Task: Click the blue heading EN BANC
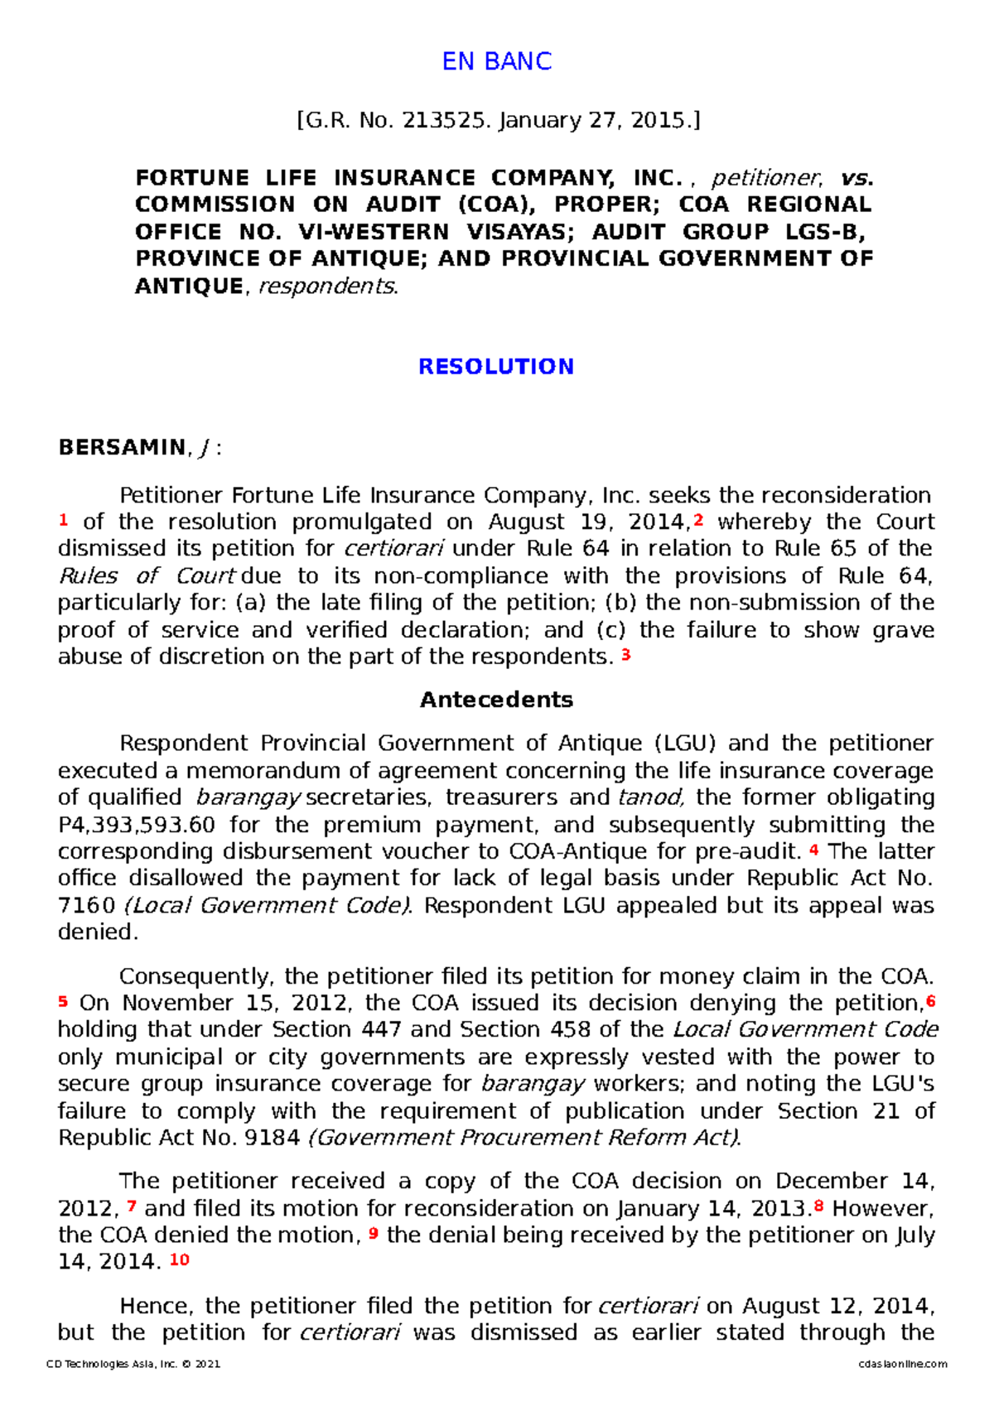[x=496, y=61]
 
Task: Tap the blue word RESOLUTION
[x=496, y=367]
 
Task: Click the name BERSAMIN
[x=122, y=448]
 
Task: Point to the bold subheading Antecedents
[x=496, y=700]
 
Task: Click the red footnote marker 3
[x=626, y=655]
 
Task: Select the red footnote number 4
[x=813, y=850]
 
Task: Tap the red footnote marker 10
[x=180, y=1259]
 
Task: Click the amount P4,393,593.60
[x=137, y=825]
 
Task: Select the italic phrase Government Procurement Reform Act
[x=524, y=1138]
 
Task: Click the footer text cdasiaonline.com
[x=903, y=1364]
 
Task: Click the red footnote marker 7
[x=132, y=1206]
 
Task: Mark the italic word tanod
[x=650, y=797]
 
